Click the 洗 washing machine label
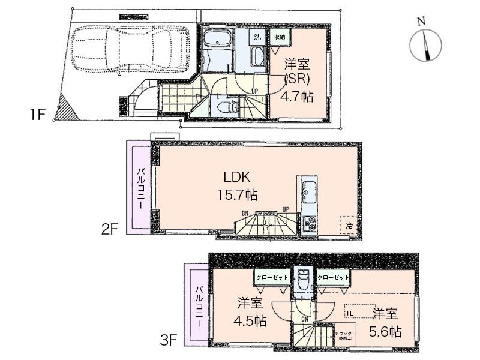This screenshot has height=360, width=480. point(257,37)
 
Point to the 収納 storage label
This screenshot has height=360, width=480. point(280,37)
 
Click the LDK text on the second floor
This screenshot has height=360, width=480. point(236,178)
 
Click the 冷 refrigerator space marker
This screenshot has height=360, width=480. point(347,226)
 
